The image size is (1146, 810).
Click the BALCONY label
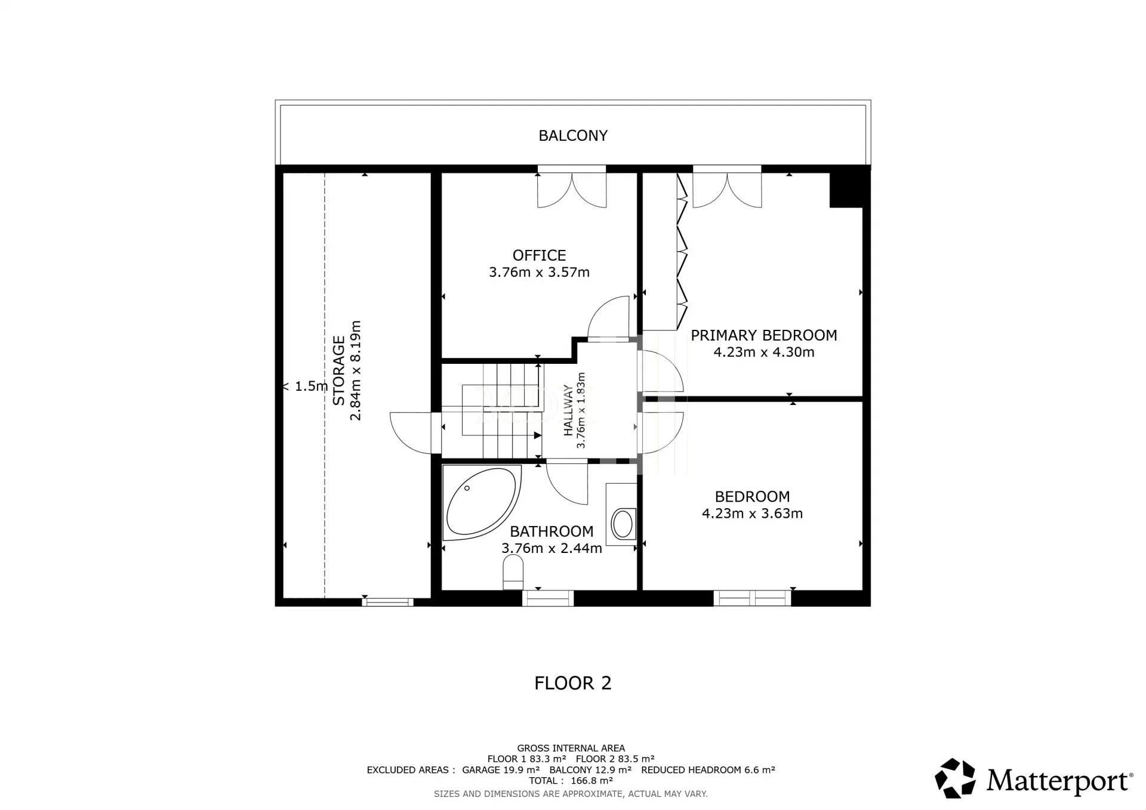(x=573, y=136)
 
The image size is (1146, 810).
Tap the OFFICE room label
(x=539, y=255)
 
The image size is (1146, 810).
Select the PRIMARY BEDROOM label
(x=764, y=335)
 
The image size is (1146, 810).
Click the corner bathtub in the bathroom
(x=481, y=502)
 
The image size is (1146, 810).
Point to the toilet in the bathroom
(x=513, y=572)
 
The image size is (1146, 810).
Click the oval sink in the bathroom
(x=623, y=524)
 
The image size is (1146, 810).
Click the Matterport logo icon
(x=955, y=778)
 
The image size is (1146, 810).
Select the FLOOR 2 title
(x=573, y=683)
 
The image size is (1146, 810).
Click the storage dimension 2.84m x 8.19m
(x=356, y=370)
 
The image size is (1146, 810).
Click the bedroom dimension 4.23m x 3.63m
(x=752, y=514)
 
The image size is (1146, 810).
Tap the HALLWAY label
(x=568, y=410)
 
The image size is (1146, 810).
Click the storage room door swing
(x=410, y=432)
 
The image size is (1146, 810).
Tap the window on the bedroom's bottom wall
(x=752, y=598)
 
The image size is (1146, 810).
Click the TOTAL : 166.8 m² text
(x=571, y=781)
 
